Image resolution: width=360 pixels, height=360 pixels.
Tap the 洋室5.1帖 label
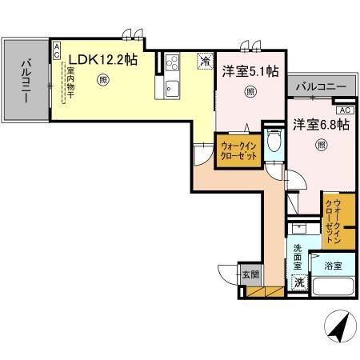pos(250,71)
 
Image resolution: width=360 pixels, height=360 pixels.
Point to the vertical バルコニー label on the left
pos(25,81)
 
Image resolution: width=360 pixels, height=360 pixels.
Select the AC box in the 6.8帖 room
pos(344,110)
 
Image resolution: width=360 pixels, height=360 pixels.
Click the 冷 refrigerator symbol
pos(206,60)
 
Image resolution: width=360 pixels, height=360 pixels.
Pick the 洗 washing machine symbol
pos(298,281)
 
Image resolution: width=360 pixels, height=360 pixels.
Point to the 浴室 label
pos(334,266)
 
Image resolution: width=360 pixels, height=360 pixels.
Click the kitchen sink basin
pos(172,88)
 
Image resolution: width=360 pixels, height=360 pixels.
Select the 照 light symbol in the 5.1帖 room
pos(250,92)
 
